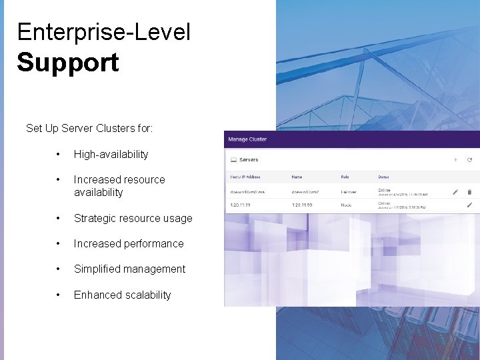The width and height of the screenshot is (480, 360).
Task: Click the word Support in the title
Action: tap(67, 63)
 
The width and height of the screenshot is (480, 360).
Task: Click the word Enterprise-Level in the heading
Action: tap(103, 31)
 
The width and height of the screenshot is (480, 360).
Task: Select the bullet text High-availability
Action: tap(111, 154)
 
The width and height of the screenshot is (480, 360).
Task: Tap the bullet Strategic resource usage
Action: tap(133, 218)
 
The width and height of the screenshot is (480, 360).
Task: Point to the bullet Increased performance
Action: tap(128, 243)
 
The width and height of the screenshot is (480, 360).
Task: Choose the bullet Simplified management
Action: tap(129, 269)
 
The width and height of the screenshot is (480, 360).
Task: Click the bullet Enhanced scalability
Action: tap(122, 295)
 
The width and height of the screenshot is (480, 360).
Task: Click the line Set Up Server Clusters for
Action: tap(89, 128)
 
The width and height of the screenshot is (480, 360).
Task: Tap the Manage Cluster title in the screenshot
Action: tap(247, 139)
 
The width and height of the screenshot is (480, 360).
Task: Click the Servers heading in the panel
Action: tap(248, 160)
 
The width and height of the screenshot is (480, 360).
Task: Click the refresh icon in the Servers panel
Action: tap(469, 160)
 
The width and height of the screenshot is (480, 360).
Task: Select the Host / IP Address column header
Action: tap(245, 177)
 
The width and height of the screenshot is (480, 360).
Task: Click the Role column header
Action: tap(345, 177)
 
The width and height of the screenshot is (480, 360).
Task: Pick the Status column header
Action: tap(383, 177)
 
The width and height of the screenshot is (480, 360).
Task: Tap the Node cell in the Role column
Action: tap(347, 205)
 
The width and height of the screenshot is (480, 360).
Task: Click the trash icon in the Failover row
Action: tap(469, 192)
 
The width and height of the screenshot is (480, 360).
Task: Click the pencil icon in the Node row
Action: tap(469, 205)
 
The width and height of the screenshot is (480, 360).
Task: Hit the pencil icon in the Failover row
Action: tap(455, 192)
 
